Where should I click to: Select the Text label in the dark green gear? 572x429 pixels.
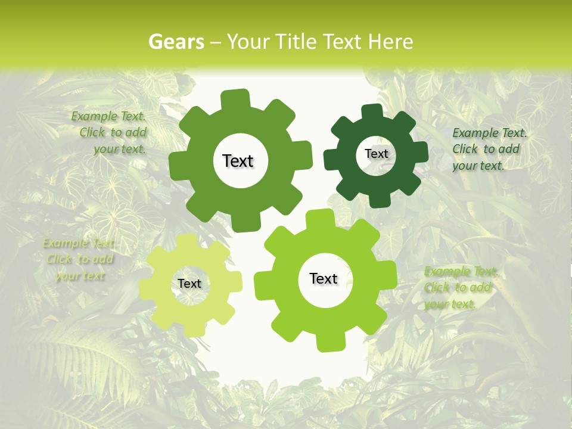(376, 154)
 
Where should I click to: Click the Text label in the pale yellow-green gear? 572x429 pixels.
(189, 284)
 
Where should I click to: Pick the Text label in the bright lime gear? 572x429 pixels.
(324, 278)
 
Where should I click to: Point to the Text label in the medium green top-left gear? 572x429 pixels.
(238, 161)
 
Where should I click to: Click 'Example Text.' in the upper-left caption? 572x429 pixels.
(108, 116)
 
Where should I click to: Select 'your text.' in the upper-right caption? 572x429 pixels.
(478, 166)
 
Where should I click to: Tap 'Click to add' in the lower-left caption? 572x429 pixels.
(80, 259)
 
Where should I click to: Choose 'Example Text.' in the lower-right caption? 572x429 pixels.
(460, 272)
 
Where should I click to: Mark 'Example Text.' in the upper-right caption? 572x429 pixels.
(490, 133)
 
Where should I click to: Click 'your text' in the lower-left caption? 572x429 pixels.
(80, 276)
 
